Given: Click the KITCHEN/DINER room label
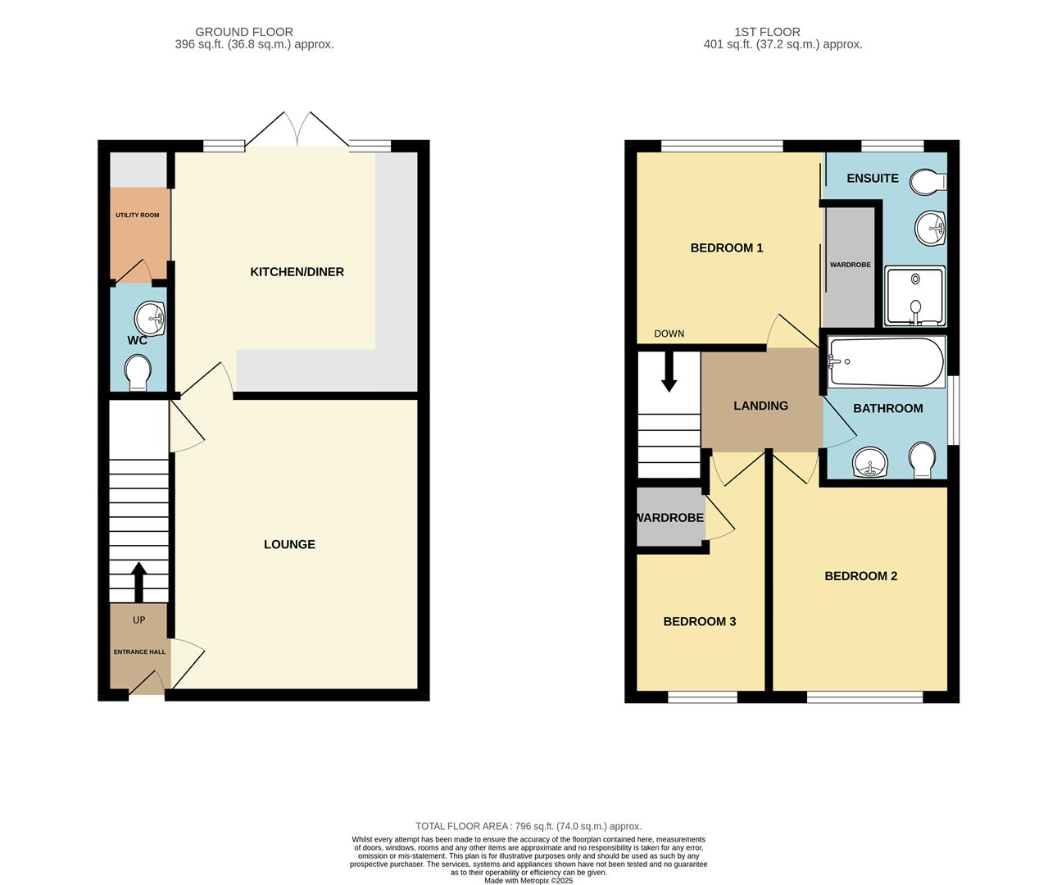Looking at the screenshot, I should click(x=297, y=272).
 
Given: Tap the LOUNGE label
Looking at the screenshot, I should click(x=289, y=544).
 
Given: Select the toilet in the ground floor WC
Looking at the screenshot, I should click(x=138, y=372).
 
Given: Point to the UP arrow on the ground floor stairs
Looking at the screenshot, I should click(x=138, y=581).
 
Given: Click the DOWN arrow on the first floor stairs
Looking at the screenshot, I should click(x=669, y=373).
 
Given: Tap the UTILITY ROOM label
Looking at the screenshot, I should click(x=138, y=216).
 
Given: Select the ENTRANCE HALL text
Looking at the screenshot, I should click(x=139, y=652).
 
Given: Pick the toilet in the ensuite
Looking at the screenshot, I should click(x=929, y=182).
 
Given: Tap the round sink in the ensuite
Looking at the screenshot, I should click(x=931, y=228).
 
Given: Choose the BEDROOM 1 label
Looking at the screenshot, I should click(x=727, y=248).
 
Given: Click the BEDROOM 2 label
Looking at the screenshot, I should click(x=860, y=576).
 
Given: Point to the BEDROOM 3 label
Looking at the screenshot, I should click(x=699, y=622).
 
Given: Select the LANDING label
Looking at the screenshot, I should click(x=760, y=406).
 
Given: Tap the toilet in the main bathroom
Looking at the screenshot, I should click(x=922, y=460).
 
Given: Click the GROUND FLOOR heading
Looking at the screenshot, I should click(x=243, y=32).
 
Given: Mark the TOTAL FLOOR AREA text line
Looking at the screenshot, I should click(x=528, y=827).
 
